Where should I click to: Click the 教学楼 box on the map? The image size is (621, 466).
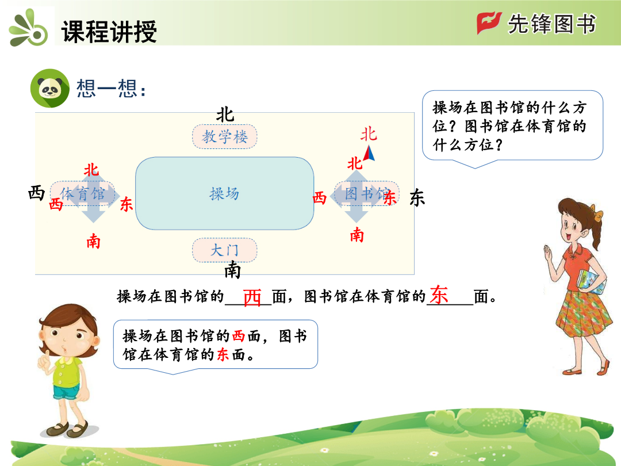(225, 137)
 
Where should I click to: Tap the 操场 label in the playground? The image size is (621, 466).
(224, 194)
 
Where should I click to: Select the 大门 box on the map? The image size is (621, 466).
(225, 250)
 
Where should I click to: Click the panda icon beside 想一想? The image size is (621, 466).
(50, 88)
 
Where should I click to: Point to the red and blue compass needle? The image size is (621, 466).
(369, 154)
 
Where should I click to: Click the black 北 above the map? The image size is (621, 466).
(225, 115)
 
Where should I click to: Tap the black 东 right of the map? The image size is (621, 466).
(417, 197)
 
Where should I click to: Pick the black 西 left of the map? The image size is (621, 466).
(36, 193)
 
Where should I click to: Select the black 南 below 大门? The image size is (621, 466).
(232, 270)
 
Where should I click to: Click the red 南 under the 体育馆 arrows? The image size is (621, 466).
(94, 241)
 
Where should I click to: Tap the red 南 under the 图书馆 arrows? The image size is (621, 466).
(357, 235)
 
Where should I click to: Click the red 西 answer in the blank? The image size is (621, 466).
(252, 297)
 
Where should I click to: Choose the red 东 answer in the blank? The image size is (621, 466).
(439, 295)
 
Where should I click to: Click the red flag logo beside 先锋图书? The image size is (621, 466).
(489, 23)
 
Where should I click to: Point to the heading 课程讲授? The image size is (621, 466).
(109, 32)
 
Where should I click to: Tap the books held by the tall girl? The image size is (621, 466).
(591, 282)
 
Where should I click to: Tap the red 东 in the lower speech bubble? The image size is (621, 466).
(223, 354)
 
